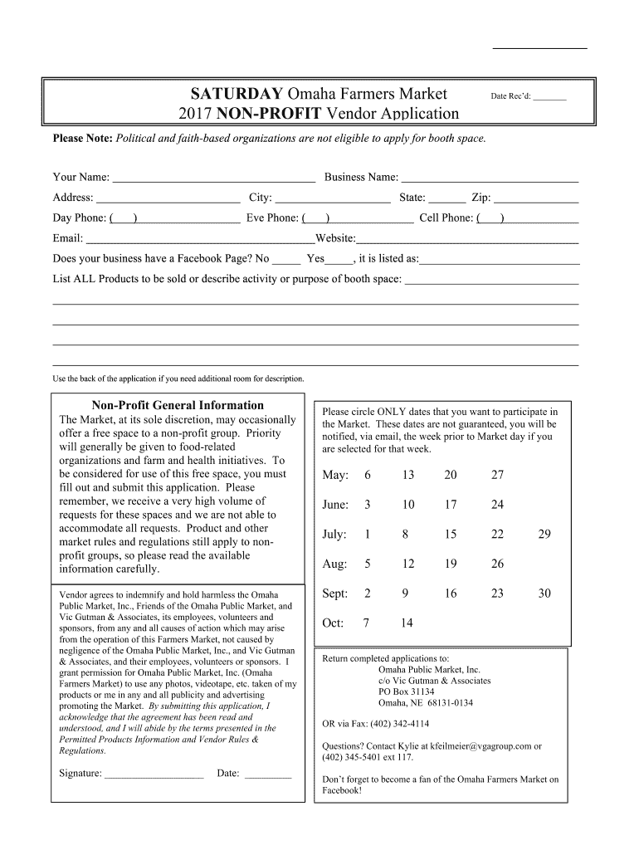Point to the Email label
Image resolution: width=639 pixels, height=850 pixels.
pos(67,238)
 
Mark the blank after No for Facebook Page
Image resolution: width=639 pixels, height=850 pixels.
pos(286,260)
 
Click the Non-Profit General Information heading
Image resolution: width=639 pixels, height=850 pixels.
pos(178,405)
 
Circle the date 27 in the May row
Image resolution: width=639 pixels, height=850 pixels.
pos(497,475)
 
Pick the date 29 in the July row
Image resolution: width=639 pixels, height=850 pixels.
pos(544,535)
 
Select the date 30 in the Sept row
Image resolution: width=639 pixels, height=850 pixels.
pos(544,594)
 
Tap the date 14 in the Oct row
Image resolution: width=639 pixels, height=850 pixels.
pos(407,623)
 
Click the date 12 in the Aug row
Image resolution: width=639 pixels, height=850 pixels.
pos(407,564)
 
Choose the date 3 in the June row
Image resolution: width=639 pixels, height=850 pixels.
pos(367,505)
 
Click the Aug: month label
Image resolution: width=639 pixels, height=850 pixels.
pos(334,564)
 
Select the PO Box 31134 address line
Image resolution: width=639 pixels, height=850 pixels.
pos(406,691)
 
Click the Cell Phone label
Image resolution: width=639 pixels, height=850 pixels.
pos(446,218)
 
